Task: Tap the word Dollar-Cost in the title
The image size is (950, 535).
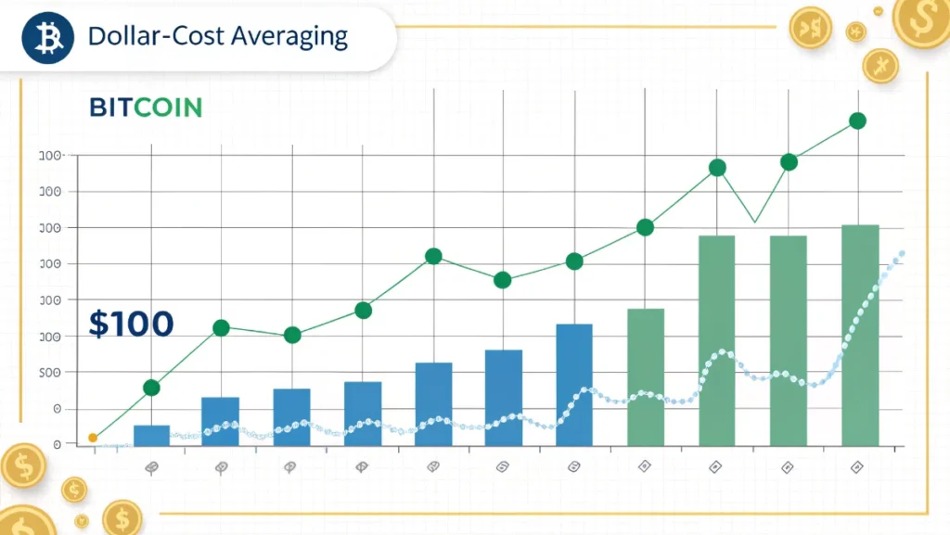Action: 148,37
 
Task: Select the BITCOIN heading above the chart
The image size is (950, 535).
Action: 146,107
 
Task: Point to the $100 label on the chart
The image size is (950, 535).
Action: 131,324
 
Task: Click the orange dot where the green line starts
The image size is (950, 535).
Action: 93,438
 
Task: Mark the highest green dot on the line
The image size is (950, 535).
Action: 857,121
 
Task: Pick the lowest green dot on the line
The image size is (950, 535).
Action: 151,388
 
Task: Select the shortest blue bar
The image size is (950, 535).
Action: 151,435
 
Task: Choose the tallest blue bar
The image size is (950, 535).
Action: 574,384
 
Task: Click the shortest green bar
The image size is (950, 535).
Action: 646,376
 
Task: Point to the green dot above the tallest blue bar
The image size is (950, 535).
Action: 574,261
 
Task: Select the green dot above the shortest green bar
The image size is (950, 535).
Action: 646,227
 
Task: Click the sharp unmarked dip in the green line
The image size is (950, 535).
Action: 754,223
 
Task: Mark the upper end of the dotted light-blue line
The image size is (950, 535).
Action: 901,254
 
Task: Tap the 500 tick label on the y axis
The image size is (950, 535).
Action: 51,373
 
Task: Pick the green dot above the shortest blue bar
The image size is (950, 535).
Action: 151,388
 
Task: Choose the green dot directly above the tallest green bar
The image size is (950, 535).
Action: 857,121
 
